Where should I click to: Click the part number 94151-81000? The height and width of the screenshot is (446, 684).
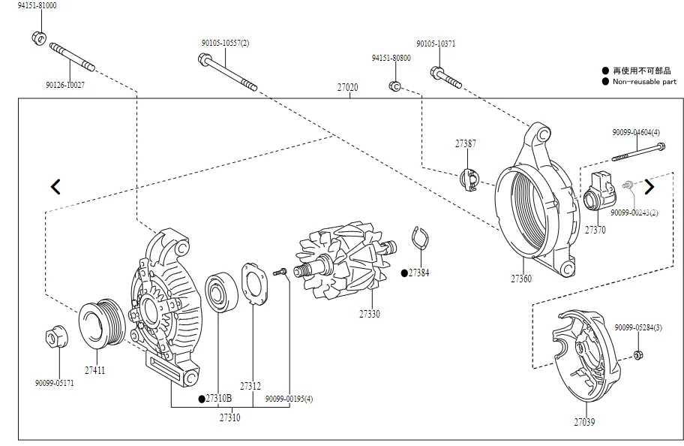click(x=37, y=5)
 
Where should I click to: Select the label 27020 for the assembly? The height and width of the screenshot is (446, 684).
click(x=348, y=87)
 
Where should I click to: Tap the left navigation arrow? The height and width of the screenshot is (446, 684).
click(x=55, y=186)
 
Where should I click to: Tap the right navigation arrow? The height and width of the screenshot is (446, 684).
click(x=649, y=187)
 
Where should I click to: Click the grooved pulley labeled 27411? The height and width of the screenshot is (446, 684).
click(x=102, y=324)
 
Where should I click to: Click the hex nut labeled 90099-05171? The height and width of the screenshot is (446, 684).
click(x=55, y=338)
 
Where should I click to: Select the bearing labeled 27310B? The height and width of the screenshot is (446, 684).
click(x=221, y=292)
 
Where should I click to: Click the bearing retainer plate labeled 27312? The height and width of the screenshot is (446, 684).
click(x=254, y=284)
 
